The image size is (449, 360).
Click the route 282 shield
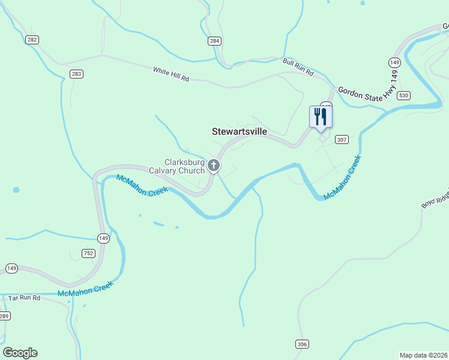pyautogui.click(x=32, y=40)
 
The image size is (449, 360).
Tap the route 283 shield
pyautogui.click(x=76, y=74)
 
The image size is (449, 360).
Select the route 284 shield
pyautogui.click(x=215, y=41)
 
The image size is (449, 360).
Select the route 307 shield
pyautogui.click(x=342, y=140)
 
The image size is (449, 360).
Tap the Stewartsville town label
pyautogui.click(x=240, y=131)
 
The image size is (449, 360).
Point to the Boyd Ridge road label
pyautogui.click(x=435, y=200)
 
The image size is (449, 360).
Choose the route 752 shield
pyautogui.click(x=89, y=253)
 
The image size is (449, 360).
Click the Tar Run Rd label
pyautogui.click(x=24, y=298)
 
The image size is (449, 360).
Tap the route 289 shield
pyautogui.click(x=4, y=316)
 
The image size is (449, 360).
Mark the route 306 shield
pyautogui.click(x=302, y=344)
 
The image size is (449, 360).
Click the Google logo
pyautogui.click(x=20, y=353)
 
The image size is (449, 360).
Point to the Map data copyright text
pyautogui.click(x=423, y=355)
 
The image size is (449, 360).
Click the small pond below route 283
pyautogui.click(x=16, y=190)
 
